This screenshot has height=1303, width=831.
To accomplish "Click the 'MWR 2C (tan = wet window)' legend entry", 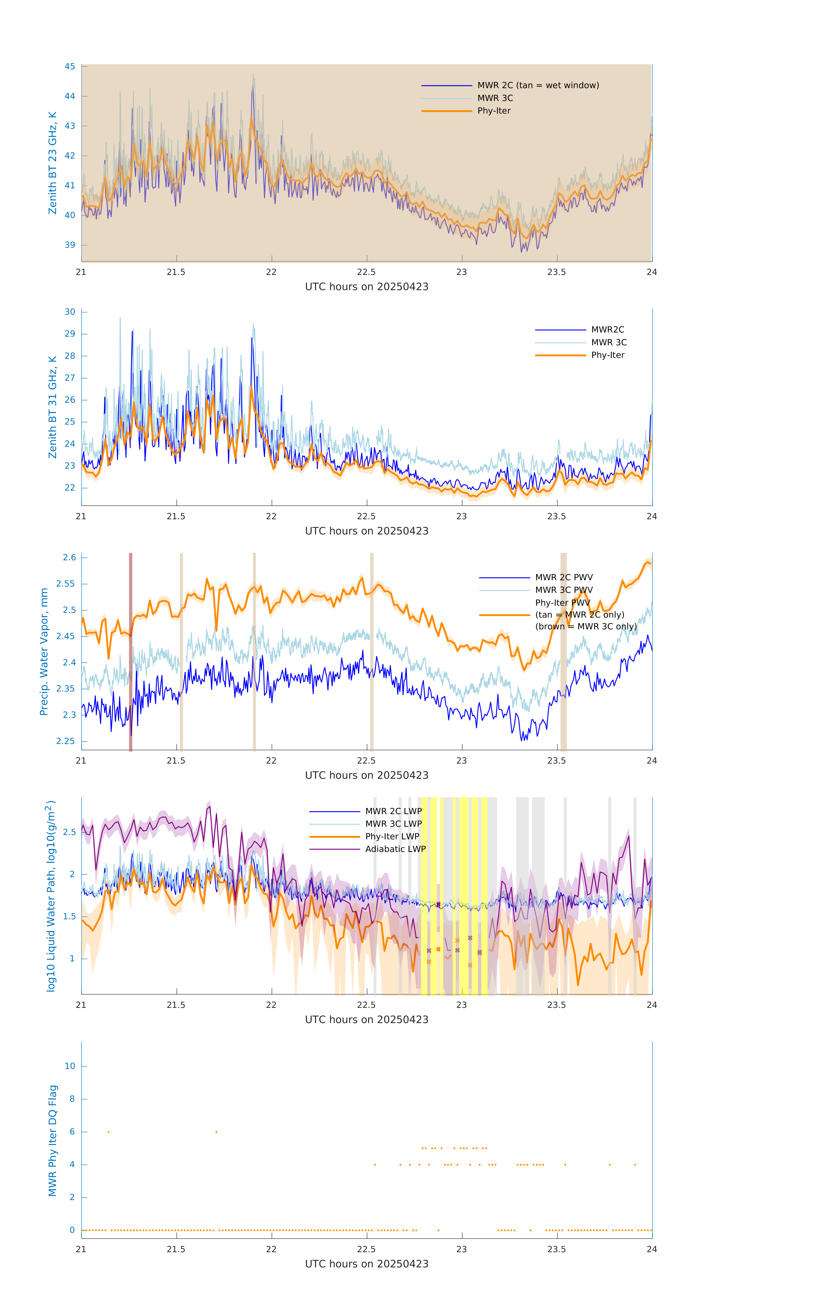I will point(537,86).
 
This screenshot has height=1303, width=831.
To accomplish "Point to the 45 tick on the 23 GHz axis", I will point(70,66).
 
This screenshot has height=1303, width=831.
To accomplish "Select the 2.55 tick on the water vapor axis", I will point(66,584).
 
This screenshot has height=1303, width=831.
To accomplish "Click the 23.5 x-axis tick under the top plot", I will point(557,272).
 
